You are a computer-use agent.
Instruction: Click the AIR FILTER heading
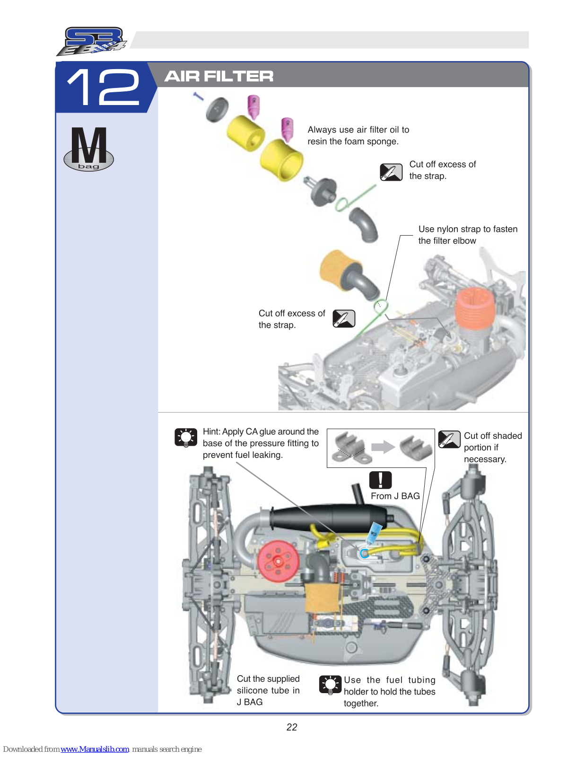click(x=218, y=76)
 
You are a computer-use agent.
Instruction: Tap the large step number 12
click(x=104, y=87)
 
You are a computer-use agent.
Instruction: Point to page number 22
click(x=292, y=727)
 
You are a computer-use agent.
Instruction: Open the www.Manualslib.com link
click(x=95, y=749)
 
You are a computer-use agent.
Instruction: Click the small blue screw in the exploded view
click(x=199, y=97)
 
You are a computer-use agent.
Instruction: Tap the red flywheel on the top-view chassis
click(x=279, y=561)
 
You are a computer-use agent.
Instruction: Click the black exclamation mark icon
click(x=380, y=480)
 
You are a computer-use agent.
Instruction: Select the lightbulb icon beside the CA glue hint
click(x=186, y=438)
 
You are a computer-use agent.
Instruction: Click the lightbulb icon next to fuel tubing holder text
click(x=330, y=685)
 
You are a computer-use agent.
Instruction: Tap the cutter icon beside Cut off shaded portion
click(x=449, y=439)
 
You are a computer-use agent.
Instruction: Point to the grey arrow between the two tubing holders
click(x=383, y=447)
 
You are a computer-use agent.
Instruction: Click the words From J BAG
click(x=395, y=496)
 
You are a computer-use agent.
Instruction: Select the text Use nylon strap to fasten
click(x=468, y=229)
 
